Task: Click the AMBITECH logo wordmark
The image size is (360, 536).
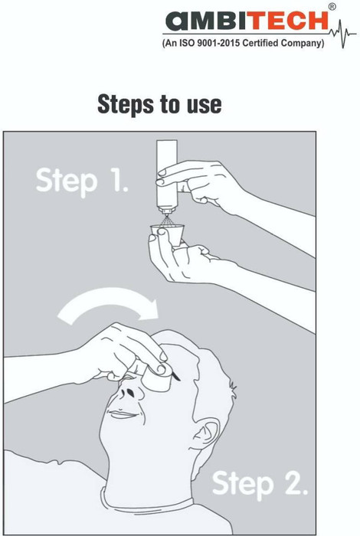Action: (x=247, y=21)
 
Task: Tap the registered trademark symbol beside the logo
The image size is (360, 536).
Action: (x=332, y=7)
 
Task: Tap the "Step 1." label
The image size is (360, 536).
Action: (x=82, y=181)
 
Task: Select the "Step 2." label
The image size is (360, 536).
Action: (x=260, y=485)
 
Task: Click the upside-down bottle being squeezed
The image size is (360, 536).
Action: (x=167, y=176)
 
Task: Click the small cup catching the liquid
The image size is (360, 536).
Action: (x=168, y=235)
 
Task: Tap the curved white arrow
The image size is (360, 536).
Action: (x=109, y=304)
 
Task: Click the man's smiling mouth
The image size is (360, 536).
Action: (x=123, y=414)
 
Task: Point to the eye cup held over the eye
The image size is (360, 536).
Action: (x=158, y=378)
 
